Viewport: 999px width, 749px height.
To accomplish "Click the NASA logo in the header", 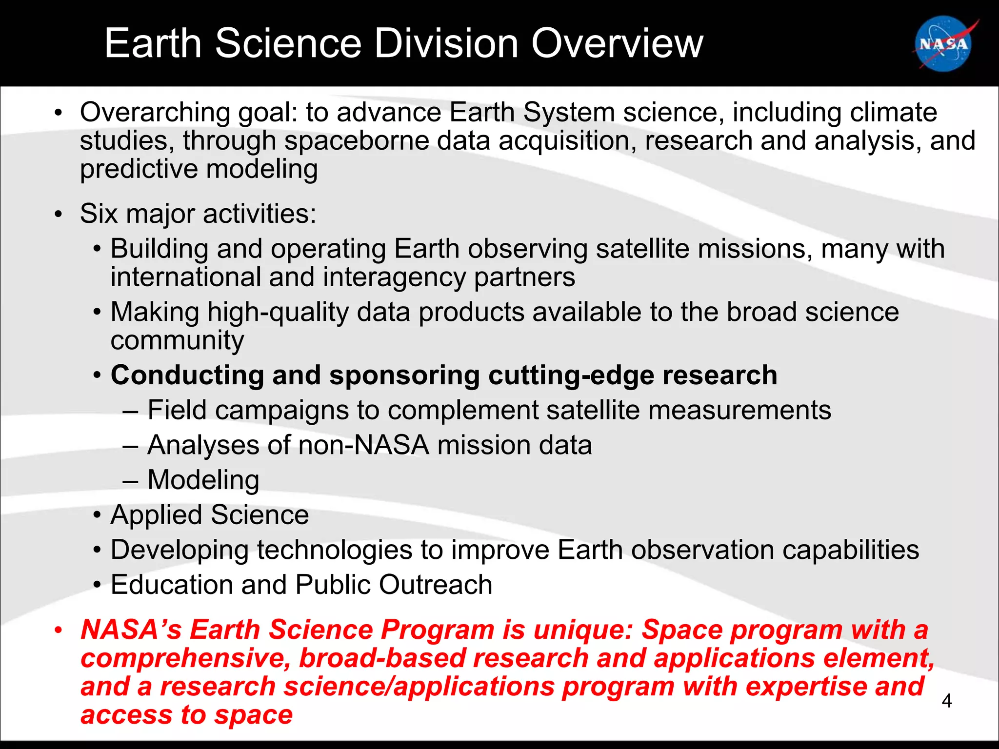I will click(x=943, y=44).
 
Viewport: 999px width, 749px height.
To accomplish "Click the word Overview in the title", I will click(x=617, y=44).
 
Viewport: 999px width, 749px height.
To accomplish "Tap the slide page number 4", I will click(x=946, y=701).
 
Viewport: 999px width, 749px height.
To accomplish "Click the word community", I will click(x=177, y=340).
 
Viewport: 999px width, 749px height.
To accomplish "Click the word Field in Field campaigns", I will click(x=177, y=410).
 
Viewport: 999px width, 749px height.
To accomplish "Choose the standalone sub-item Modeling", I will click(x=203, y=480).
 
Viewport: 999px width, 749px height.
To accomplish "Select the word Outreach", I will click(x=435, y=585).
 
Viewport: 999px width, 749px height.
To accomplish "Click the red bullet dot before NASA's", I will click(x=59, y=631).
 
